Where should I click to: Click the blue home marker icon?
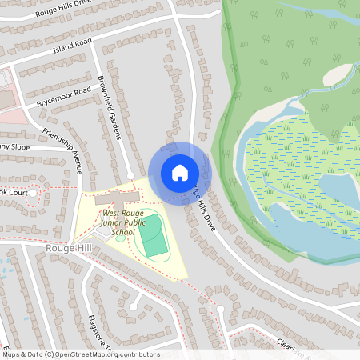point(180,172)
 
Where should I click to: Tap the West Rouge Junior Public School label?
point(123,222)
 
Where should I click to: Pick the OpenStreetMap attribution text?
point(80,354)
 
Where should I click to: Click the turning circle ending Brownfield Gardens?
point(130,174)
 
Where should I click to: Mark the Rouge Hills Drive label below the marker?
point(205,211)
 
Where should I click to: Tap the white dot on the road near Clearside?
point(220,308)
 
